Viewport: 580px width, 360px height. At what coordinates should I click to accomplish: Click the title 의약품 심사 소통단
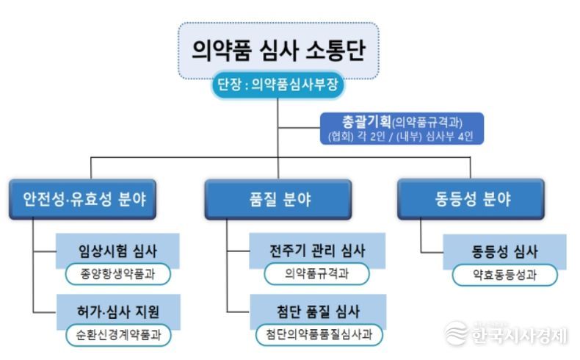pos(278,50)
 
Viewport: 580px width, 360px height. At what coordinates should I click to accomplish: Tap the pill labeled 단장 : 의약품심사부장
pos(278,84)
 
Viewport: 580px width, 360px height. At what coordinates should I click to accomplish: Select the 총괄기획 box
pos(402,129)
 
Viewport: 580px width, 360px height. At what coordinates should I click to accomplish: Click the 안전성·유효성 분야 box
pos(82,199)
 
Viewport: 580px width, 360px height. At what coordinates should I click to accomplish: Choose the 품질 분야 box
pos(278,199)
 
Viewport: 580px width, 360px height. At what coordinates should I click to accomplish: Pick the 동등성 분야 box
pos(471,198)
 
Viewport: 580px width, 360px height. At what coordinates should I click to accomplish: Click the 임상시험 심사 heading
pos(117,251)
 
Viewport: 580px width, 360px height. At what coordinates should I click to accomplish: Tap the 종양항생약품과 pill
pos(118,274)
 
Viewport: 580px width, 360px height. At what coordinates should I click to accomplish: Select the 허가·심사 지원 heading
pos(118,312)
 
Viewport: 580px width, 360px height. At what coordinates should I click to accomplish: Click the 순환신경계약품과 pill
pos(118,335)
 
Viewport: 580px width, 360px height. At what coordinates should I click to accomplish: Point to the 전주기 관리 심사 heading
pos(317,251)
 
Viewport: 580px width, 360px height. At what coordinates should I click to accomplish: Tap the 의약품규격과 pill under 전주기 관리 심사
pos(317,274)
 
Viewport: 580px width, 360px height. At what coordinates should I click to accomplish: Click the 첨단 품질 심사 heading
pos(318,312)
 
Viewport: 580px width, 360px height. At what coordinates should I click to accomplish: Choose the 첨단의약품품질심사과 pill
pos(319,335)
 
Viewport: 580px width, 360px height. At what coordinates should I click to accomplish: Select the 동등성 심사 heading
pos(504,251)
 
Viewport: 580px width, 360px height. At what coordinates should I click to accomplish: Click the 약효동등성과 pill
pos(504,275)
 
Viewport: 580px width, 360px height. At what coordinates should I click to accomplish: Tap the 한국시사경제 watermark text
pos(519,335)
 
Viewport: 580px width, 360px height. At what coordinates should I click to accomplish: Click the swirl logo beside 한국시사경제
pos(456,333)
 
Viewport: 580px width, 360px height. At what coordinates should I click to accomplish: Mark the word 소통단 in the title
pos(336,50)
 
